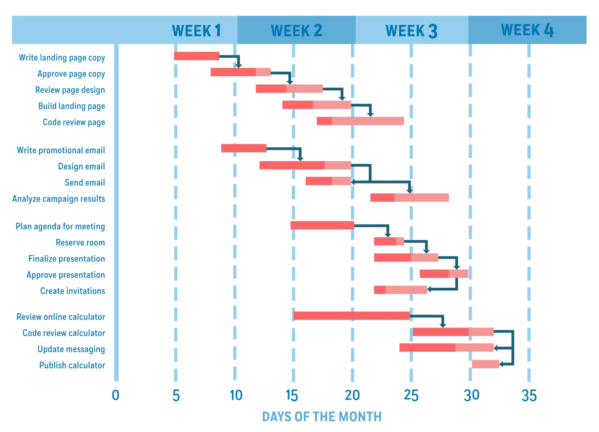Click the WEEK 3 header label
point(411,31)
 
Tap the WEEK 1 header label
point(196,31)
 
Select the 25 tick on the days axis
point(411,395)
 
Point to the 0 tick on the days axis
point(115,395)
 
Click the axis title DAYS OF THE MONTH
point(322,417)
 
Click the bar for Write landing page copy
point(197,56)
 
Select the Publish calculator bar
point(485,364)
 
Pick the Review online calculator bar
point(351,316)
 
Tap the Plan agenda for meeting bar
point(322,225)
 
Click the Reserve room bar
point(389,241)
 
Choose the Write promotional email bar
point(244,148)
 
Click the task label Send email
point(85,182)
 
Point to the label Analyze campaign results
point(59,198)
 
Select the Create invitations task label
point(73,291)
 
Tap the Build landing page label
point(72,106)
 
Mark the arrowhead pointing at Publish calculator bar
point(501,364)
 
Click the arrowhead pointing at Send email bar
point(353,182)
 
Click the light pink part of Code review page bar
point(368,121)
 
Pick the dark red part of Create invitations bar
point(380,290)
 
